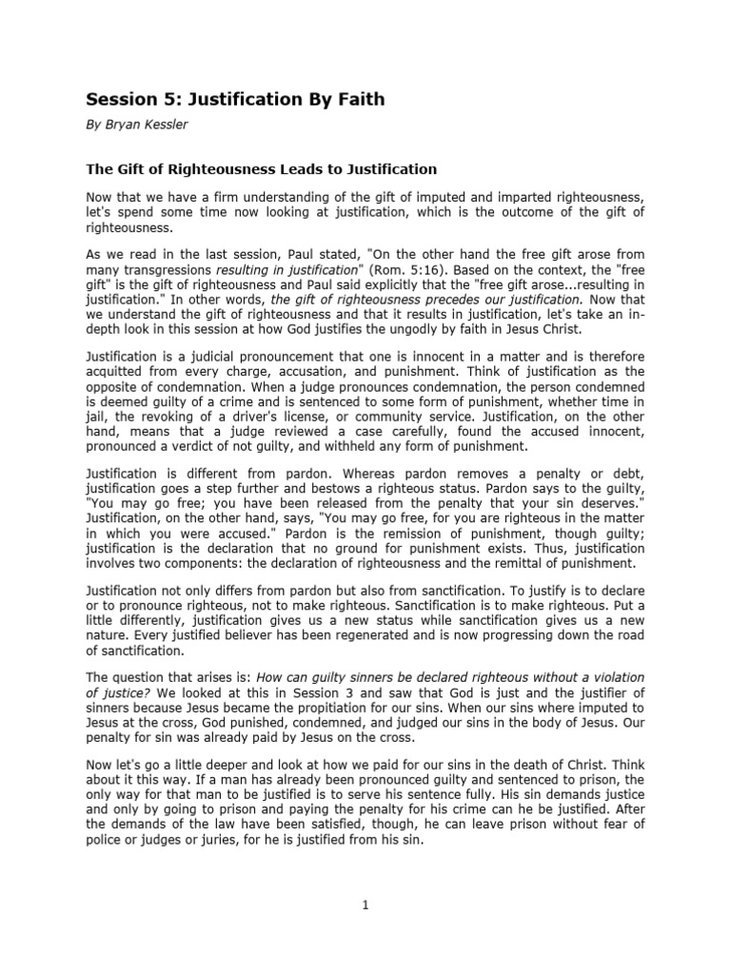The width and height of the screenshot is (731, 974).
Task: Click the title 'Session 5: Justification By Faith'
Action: (x=236, y=99)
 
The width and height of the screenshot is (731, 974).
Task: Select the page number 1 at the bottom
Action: (x=365, y=905)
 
